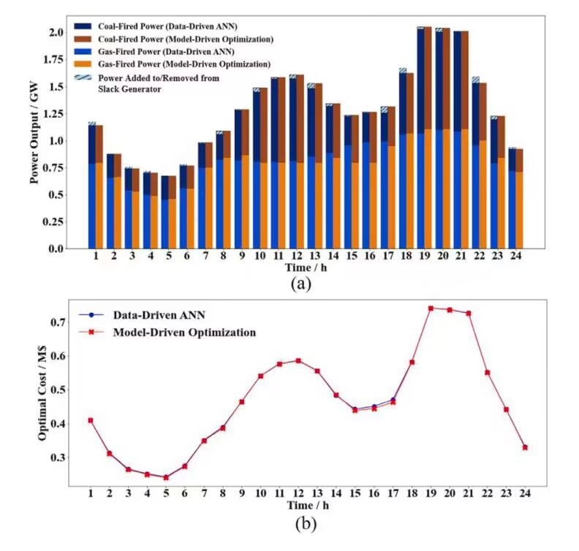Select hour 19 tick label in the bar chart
point(424,257)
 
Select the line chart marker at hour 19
point(431,308)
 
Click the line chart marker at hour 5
point(166,478)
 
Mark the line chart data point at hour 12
point(298,360)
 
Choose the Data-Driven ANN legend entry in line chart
point(157,316)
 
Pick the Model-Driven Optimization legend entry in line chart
point(183,332)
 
